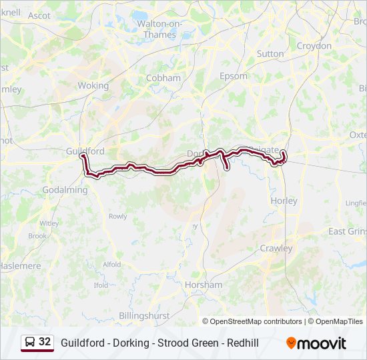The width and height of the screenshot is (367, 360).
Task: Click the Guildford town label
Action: click(85, 151)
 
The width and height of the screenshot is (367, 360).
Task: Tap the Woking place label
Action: click(93, 86)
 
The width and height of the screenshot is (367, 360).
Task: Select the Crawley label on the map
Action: click(276, 248)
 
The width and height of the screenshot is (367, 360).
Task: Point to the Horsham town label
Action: click(204, 285)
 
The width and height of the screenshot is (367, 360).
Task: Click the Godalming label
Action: click(66, 190)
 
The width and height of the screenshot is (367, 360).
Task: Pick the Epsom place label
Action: click(234, 76)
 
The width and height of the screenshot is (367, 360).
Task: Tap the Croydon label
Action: click(314, 46)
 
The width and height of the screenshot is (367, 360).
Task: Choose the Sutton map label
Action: click(270, 53)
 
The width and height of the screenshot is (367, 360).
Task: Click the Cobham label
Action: click(163, 78)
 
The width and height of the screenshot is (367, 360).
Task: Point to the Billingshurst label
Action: click(144, 315)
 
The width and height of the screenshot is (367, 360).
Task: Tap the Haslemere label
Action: click(19, 265)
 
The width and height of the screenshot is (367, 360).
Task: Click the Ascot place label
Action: click(39, 15)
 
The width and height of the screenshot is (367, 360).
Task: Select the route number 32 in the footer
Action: click(45, 342)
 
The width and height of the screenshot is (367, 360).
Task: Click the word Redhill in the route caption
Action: click(242, 343)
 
